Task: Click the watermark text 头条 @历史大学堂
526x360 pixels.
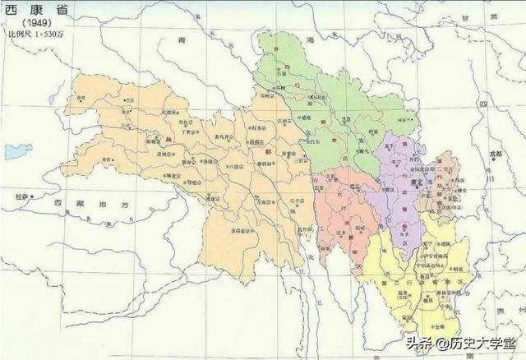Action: click(459, 343)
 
